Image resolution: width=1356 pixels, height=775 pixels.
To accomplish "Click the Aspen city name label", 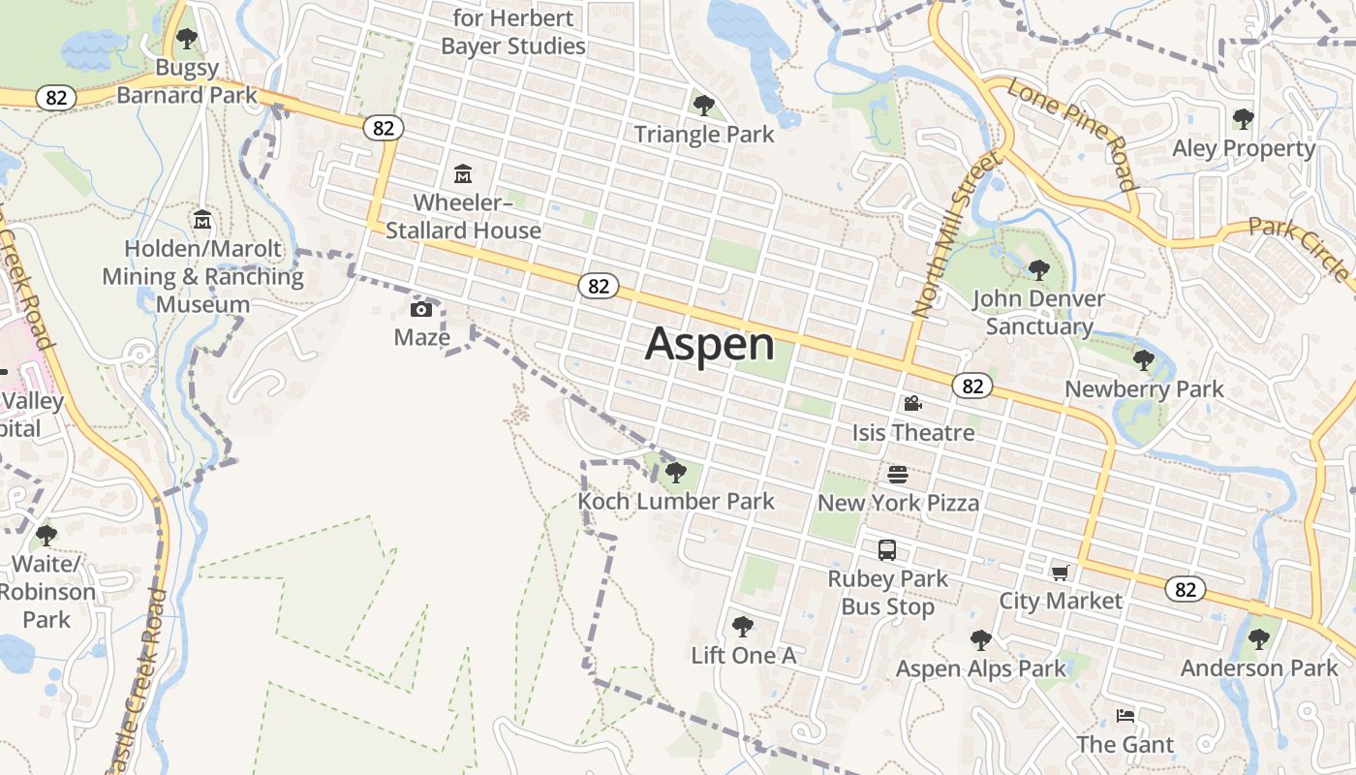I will [710, 344].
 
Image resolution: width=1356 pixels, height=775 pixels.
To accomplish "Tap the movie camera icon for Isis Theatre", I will [912, 403].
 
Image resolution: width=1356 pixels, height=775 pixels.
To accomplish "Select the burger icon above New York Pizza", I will [898, 475].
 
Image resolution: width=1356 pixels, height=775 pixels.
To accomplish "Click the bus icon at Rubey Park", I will [887, 550].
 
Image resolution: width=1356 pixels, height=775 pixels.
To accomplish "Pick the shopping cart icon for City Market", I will [1061, 573].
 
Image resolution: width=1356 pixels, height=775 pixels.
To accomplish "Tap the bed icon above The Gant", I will [1125, 717].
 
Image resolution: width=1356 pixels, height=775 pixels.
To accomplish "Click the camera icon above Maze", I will [421, 310].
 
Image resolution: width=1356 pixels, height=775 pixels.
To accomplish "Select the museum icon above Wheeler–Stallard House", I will [463, 174].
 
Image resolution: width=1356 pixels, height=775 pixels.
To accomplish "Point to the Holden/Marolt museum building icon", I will [202, 220].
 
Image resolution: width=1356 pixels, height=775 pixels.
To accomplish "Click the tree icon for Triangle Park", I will [704, 105].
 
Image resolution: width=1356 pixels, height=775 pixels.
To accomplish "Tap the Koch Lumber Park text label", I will [676, 501].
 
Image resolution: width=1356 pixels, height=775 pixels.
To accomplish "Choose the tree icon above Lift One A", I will [743, 627].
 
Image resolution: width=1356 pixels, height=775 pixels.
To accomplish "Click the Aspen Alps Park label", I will [980, 668].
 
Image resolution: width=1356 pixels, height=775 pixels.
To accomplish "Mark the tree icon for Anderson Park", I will [1258, 639].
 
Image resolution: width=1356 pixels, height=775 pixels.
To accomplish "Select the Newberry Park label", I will [1144, 389].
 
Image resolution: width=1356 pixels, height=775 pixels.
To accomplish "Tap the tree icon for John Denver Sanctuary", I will [1038, 269].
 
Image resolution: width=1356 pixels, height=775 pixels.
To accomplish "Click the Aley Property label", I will [1244, 148].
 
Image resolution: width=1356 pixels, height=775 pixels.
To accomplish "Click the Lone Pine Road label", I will [1072, 133].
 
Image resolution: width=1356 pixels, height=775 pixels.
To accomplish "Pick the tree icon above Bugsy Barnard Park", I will [187, 40].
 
